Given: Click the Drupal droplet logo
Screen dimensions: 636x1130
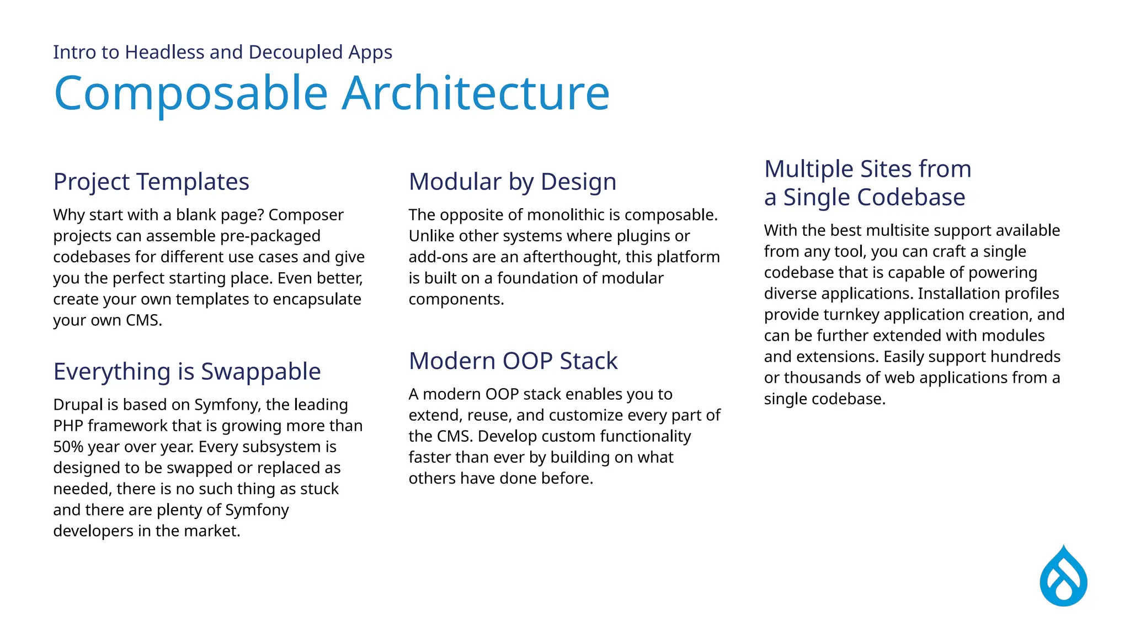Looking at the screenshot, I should pyautogui.click(x=1063, y=577).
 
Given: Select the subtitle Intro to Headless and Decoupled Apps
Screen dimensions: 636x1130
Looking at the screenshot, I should pyautogui.click(x=222, y=52).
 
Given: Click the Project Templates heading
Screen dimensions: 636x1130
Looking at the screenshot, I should pyautogui.click(x=151, y=182).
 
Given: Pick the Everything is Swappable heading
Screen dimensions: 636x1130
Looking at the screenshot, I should pyautogui.click(x=187, y=372).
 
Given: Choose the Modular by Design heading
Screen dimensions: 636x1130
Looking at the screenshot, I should pyautogui.click(x=512, y=182).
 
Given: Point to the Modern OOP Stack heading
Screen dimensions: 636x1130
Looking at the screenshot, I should pyautogui.click(x=513, y=361).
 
